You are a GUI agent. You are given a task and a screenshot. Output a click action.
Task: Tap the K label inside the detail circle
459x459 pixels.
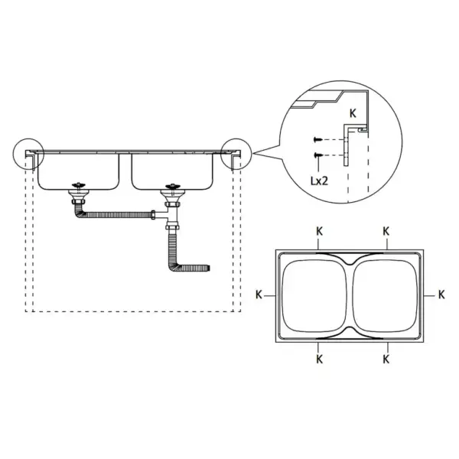(x=352, y=112)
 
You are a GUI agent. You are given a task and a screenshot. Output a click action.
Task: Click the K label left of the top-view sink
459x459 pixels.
(x=259, y=294)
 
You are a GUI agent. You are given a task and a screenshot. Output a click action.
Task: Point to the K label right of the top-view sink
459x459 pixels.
(x=441, y=294)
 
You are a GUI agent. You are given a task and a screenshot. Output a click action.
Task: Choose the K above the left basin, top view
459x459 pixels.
(x=319, y=230)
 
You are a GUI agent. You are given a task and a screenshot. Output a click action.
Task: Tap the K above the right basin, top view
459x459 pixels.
(x=386, y=230)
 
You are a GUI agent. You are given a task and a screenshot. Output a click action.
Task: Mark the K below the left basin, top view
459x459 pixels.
(x=319, y=357)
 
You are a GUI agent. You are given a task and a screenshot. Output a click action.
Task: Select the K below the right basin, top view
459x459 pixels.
(x=386, y=357)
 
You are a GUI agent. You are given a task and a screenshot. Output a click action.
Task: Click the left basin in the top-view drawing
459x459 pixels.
(x=314, y=295)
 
